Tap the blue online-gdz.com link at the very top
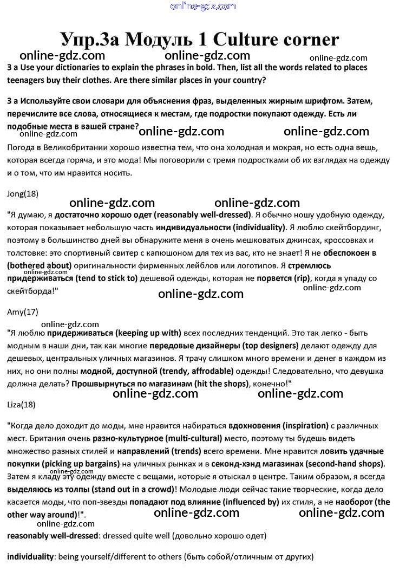(x=203, y=6)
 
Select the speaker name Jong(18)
(x=23, y=193)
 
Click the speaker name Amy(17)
(x=23, y=311)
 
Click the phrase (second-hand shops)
(x=343, y=464)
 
